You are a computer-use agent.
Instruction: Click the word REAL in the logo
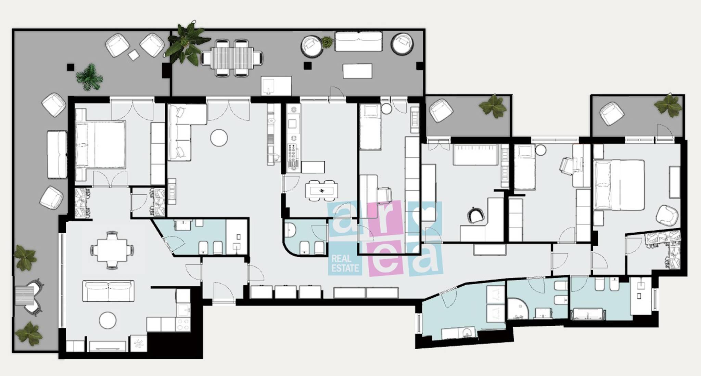point(341,259)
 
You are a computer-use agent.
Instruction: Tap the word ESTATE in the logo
point(345,268)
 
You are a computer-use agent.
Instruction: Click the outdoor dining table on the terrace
point(232,58)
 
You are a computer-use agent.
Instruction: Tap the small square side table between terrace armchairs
point(134,55)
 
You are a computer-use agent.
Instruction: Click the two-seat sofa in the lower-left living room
point(108,291)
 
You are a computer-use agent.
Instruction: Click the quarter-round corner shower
point(518,309)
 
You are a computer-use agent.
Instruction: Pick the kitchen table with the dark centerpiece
point(322,191)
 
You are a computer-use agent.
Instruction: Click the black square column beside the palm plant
point(71,67)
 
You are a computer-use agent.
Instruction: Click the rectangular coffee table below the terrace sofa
point(357,71)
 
